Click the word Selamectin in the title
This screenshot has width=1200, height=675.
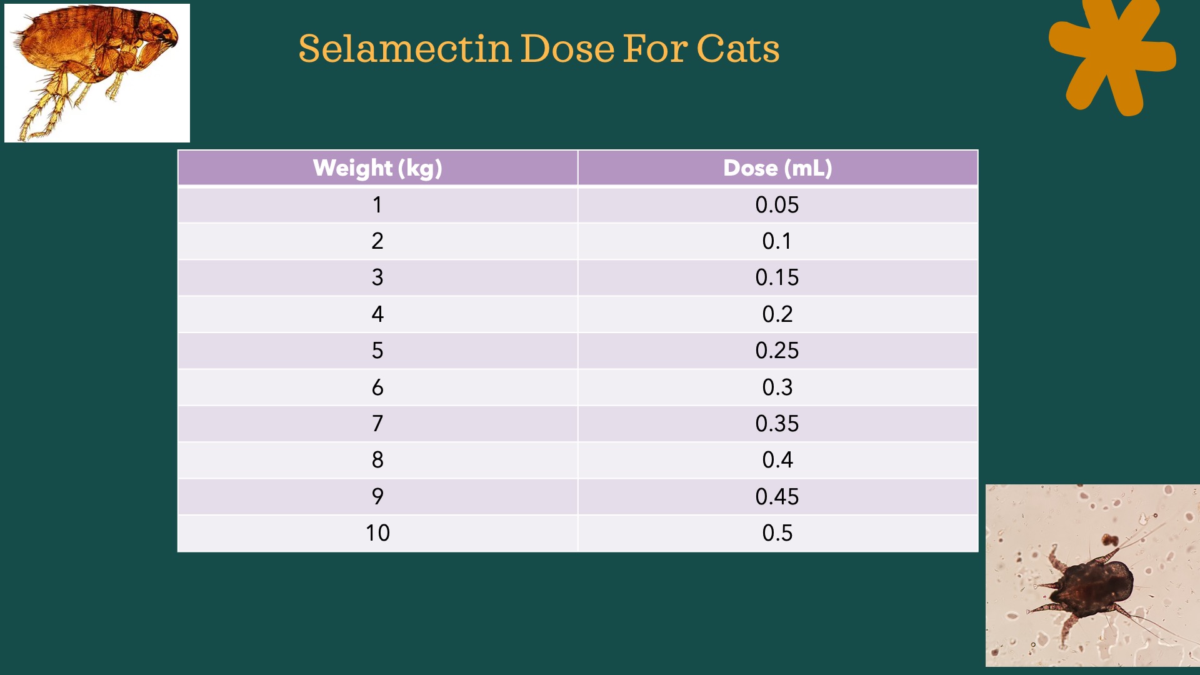(405, 49)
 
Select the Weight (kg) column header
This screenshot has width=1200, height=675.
(377, 168)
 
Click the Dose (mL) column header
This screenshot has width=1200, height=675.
(777, 168)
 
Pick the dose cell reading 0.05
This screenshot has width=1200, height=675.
(777, 205)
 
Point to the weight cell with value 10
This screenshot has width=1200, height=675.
(377, 533)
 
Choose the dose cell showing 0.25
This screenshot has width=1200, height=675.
(777, 351)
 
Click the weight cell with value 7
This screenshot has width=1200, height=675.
(377, 424)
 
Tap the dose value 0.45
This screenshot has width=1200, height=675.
(777, 497)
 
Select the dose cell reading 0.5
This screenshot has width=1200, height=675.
(777, 533)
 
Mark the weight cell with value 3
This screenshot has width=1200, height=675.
(377, 277)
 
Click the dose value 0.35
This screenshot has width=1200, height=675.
(777, 424)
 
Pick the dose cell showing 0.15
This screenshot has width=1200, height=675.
(777, 277)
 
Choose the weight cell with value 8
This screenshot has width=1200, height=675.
(377, 460)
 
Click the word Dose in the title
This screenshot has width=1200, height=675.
(567, 49)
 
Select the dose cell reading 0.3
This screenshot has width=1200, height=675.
(777, 387)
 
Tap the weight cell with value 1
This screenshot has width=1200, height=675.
(377, 205)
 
